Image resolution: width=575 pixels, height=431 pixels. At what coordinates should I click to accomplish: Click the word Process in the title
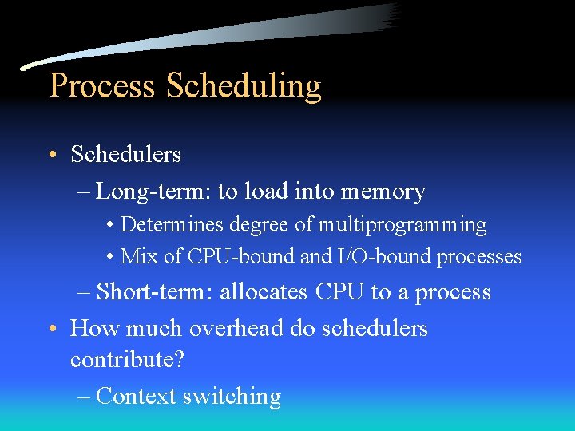(x=101, y=86)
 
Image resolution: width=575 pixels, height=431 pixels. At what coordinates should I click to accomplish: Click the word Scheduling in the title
(x=244, y=86)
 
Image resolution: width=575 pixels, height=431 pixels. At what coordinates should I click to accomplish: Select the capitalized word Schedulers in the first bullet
(x=125, y=154)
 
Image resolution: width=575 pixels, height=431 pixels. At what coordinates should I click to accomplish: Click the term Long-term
(x=152, y=192)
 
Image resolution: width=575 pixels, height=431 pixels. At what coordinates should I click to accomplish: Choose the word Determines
(x=165, y=225)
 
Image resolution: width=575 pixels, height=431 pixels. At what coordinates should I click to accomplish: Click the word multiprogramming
(x=402, y=225)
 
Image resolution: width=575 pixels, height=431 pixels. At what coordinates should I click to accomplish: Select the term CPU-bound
(x=219, y=257)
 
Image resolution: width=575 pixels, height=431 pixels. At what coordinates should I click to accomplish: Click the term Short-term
(x=154, y=291)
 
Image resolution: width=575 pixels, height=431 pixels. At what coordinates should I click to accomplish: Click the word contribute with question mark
(x=127, y=359)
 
